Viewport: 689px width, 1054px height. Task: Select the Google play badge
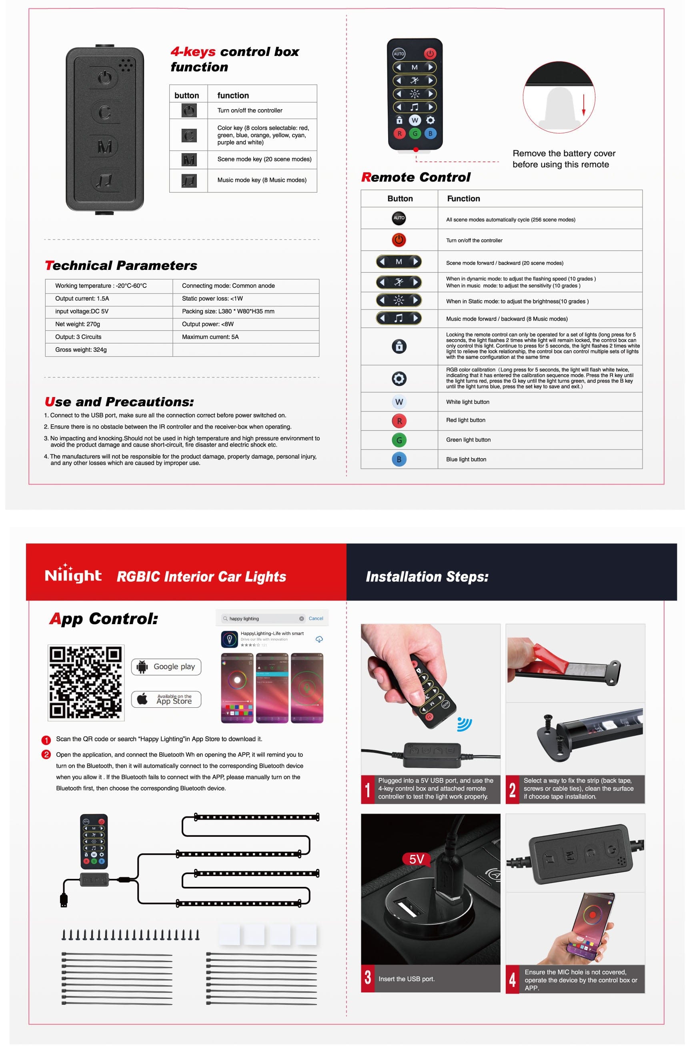pos(166,667)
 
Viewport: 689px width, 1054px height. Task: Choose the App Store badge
pos(166,699)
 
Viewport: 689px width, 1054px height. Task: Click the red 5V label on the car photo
pos(416,859)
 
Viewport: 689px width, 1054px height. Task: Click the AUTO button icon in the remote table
pos(399,218)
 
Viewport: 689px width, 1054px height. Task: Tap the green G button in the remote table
pos(399,440)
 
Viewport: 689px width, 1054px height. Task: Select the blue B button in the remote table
pos(399,459)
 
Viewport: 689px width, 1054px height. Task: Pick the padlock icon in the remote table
pos(399,346)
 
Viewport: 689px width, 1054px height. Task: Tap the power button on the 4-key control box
pos(105,78)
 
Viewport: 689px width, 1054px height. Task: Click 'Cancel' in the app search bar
pos(316,618)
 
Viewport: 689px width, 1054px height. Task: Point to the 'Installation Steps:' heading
pos(427,576)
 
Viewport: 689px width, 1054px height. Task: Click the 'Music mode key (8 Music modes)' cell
pos(261,180)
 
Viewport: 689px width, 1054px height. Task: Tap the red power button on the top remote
pos(430,54)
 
